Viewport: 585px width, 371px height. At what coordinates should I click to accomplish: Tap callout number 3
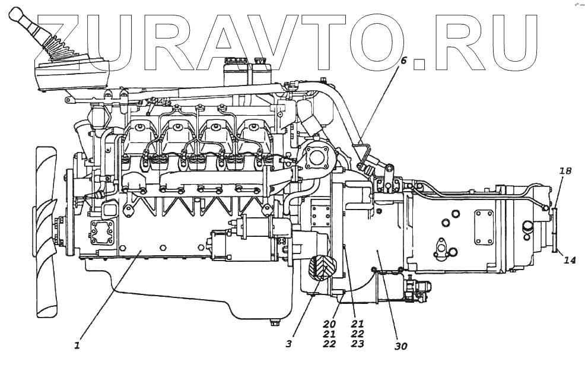pyautogui.click(x=288, y=343)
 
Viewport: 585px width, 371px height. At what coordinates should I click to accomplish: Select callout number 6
pyautogui.click(x=403, y=61)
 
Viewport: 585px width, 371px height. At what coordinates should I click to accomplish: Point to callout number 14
pyautogui.click(x=570, y=260)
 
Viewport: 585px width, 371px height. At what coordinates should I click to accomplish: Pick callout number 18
pyautogui.click(x=565, y=172)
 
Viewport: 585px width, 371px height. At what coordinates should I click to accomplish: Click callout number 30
pyautogui.click(x=401, y=346)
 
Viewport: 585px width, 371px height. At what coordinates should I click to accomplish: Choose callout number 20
pyautogui.click(x=329, y=325)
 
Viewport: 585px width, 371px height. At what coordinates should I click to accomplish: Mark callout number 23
pyautogui.click(x=357, y=344)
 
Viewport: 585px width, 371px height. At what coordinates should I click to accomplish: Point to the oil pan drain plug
pyautogui.click(x=274, y=323)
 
